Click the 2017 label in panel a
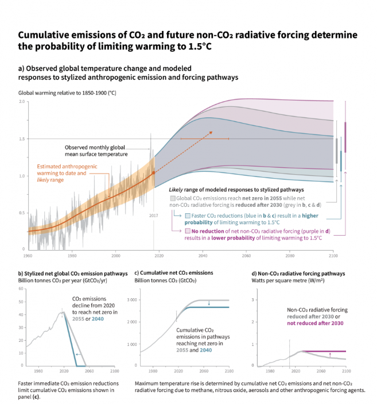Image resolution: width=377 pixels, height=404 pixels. (153, 215)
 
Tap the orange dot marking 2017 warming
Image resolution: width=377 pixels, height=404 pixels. (153, 172)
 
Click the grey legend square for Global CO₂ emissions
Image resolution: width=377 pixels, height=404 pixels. (172, 198)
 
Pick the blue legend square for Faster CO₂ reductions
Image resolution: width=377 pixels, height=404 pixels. (188, 215)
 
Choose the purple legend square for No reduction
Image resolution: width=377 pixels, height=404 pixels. (188, 231)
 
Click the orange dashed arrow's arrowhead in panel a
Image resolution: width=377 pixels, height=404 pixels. (211, 132)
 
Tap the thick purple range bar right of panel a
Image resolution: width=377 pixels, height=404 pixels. (345, 137)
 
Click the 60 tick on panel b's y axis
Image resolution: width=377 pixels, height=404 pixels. (21, 302)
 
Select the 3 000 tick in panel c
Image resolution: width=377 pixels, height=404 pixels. (131, 300)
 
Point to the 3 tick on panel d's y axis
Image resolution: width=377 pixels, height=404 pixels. (253, 300)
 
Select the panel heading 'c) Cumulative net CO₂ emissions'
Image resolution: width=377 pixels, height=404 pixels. (173, 272)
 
